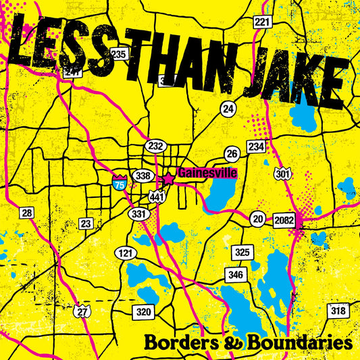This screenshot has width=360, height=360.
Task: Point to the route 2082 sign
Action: click(x=282, y=220)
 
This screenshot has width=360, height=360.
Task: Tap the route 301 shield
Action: click(x=284, y=173)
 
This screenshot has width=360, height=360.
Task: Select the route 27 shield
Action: click(x=82, y=311)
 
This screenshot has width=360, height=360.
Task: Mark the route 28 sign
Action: click(x=27, y=213)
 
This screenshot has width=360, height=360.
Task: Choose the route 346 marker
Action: click(x=236, y=274)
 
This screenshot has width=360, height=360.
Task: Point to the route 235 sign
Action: click(x=119, y=53)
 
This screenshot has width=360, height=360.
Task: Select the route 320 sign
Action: click(x=143, y=311)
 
